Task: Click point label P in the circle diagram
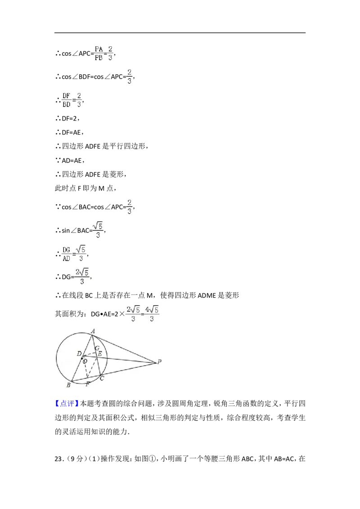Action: [159, 362]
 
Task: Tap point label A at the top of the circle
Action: [93, 331]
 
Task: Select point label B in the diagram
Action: [68, 385]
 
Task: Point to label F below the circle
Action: [87, 384]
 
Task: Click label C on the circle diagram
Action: [102, 378]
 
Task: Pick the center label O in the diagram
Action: [85, 361]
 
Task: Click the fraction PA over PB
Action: [99, 53]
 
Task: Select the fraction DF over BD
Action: [66, 100]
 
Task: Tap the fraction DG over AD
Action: [66, 254]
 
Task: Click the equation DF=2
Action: [69, 119]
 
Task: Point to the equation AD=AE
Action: [72, 161]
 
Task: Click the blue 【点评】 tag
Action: [67, 403]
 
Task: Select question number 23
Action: [58, 459]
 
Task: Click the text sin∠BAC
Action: [76, 231]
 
